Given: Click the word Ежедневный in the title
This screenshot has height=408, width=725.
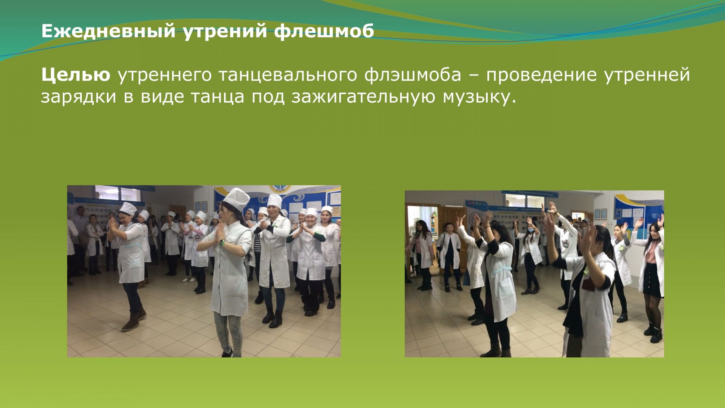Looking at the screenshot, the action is coord(108,31).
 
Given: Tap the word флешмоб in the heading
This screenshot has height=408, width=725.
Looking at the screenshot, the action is coord(324,31).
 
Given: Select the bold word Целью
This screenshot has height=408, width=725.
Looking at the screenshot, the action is coord(76,75).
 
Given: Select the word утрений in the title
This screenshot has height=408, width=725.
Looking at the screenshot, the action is coord(225,31).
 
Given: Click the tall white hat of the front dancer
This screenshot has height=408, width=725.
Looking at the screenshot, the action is coord(236,199).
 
